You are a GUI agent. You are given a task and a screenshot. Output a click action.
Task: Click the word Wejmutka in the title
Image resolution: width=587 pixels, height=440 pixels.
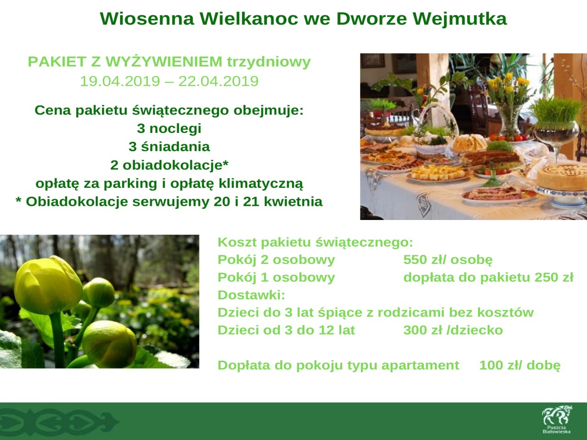point(460,19)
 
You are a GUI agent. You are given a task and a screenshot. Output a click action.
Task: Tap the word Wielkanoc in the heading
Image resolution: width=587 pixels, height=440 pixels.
point(249,19)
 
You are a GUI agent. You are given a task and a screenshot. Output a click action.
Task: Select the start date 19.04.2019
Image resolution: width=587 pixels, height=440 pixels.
point(120,81)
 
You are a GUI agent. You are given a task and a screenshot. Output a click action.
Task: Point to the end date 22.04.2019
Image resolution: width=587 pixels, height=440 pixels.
point(218,81)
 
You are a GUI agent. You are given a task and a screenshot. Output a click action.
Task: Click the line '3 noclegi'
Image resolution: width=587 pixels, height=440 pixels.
point(169,128)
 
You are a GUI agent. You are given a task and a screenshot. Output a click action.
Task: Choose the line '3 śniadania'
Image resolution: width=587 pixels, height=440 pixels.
point(169,147)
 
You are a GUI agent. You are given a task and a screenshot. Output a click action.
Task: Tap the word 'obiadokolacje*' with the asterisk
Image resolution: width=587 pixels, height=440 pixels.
point(176,165)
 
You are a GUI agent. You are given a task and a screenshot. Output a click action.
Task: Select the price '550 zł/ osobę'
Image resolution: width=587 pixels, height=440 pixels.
point(448,260)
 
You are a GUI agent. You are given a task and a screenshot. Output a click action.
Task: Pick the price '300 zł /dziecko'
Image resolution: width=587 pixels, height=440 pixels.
point(453,330)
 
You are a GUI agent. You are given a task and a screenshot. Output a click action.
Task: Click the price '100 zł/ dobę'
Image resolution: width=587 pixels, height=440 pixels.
point(520,365)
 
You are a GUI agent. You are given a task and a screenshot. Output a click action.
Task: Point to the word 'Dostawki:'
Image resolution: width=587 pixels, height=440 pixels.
point(251,295)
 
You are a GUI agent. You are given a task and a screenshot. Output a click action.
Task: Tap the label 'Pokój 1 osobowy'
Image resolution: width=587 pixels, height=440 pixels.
point(276,277)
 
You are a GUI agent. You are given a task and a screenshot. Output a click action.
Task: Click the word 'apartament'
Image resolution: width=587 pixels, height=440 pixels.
point(420,366)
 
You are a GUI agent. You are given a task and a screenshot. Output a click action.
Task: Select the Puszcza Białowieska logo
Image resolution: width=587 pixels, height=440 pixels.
point(557,419)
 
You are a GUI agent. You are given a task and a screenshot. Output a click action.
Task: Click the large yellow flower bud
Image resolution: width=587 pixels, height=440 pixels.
point(48,286)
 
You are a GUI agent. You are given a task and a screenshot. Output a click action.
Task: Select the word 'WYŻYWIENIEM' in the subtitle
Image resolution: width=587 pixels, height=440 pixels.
point(164,61)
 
